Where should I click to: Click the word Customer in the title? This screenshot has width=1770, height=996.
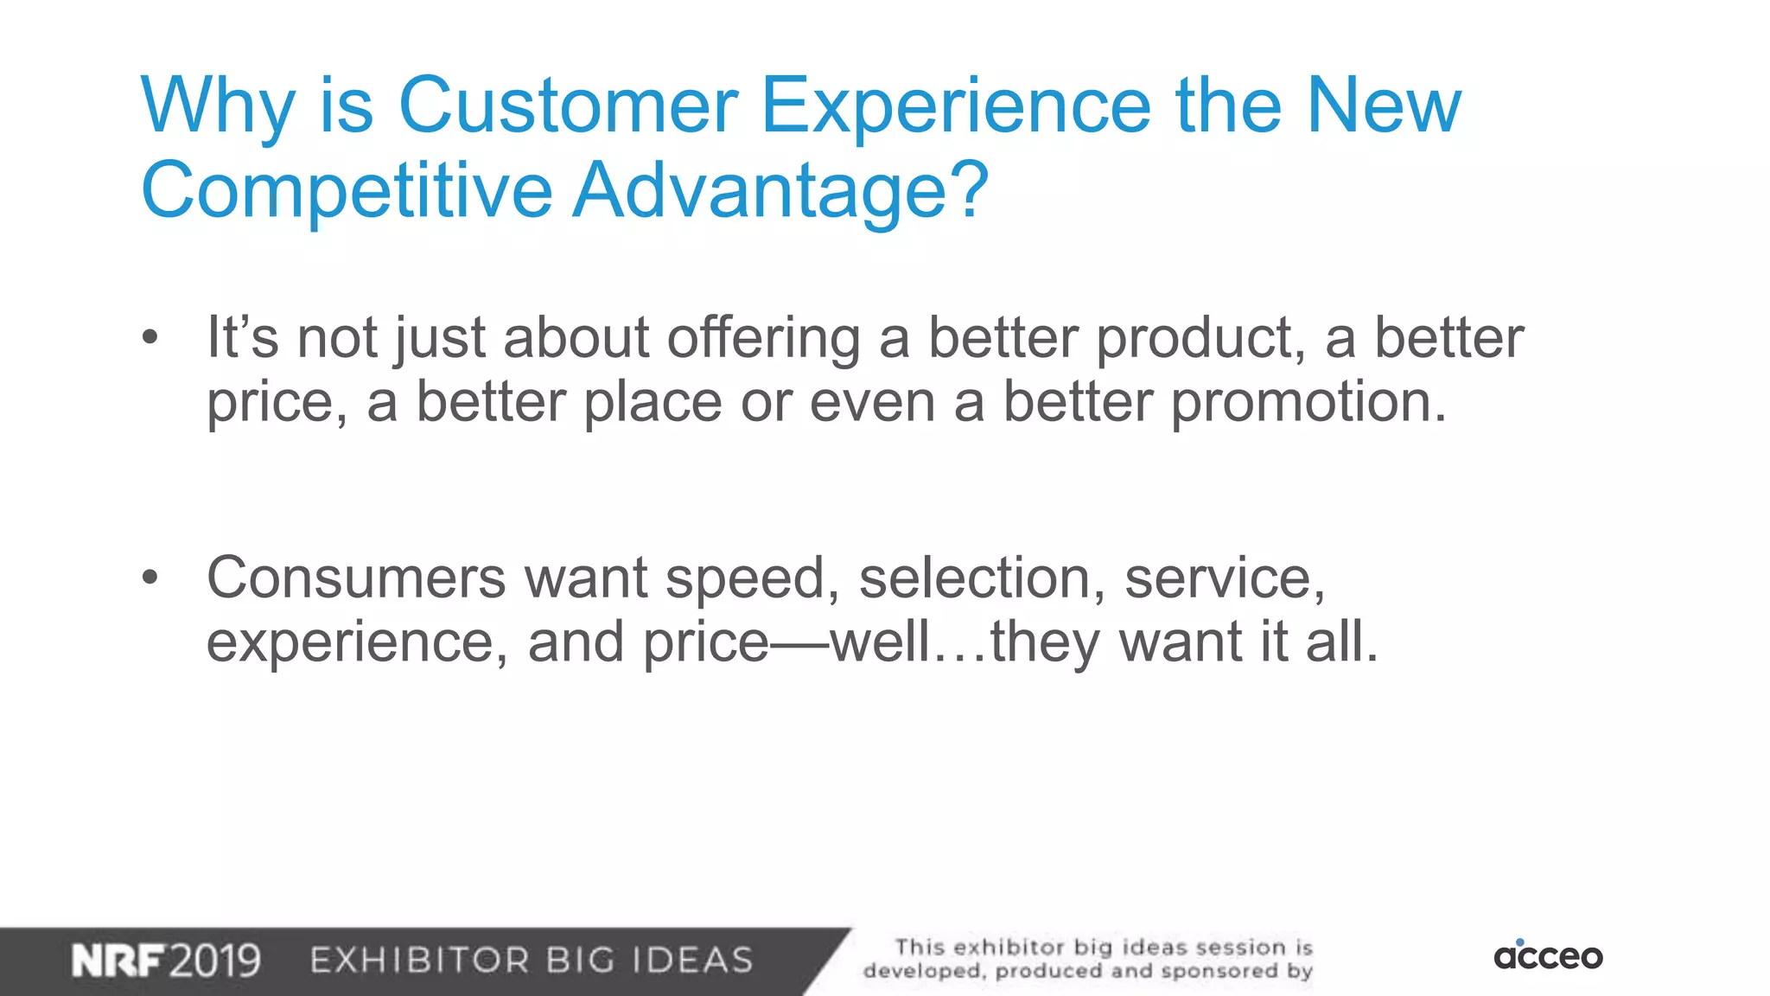coord(568,105)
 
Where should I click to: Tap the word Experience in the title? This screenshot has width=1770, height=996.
coord(955,105)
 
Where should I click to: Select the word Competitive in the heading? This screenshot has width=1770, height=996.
coord(347,190)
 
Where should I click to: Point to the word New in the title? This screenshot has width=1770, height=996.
coord(1383,105)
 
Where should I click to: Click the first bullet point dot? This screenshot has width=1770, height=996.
coord(150,338)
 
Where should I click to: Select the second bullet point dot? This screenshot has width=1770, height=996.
coord(150,578)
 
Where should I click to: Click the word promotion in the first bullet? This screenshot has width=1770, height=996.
coord(1308,403)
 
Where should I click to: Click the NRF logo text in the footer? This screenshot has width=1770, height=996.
coord(118,961)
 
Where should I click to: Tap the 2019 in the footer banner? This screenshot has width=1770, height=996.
coord(214,961)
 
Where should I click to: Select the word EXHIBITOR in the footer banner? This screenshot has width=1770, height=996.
coord(419,961)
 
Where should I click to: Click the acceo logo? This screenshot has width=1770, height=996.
coord(1548,955)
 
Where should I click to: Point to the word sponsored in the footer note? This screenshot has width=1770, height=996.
coord(1219,972)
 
